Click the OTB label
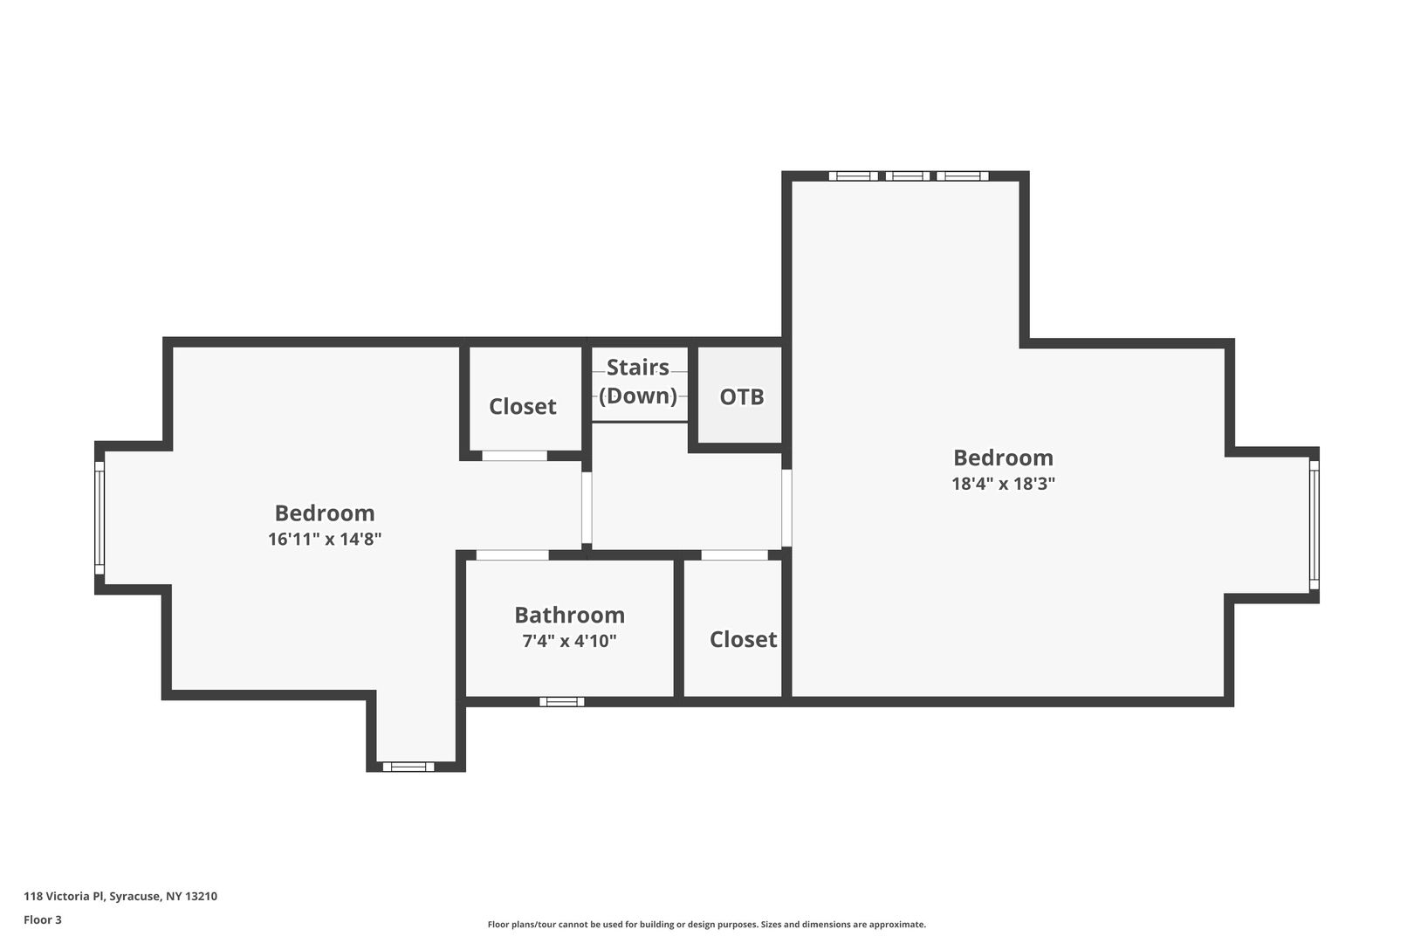(742, 396)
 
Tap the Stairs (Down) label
(638, 382)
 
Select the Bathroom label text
(569, 615)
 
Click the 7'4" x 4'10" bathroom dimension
(569, 641)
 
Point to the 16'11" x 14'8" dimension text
(325, 539)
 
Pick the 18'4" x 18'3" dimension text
(1003, 484)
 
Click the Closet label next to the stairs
(523, 406)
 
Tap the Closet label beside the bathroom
(743, 639)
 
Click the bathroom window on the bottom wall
(562, 701)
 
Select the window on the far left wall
(100, 518)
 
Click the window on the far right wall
(1314, 524)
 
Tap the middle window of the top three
(908, 176)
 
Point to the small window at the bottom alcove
(408, 767)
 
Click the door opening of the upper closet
(514, 456)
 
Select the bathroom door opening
(512, 555)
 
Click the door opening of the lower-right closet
(735, 555)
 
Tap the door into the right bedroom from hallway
(786, 508)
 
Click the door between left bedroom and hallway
(587, 508)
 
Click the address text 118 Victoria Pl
(64, 896)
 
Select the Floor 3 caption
(43, 919)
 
